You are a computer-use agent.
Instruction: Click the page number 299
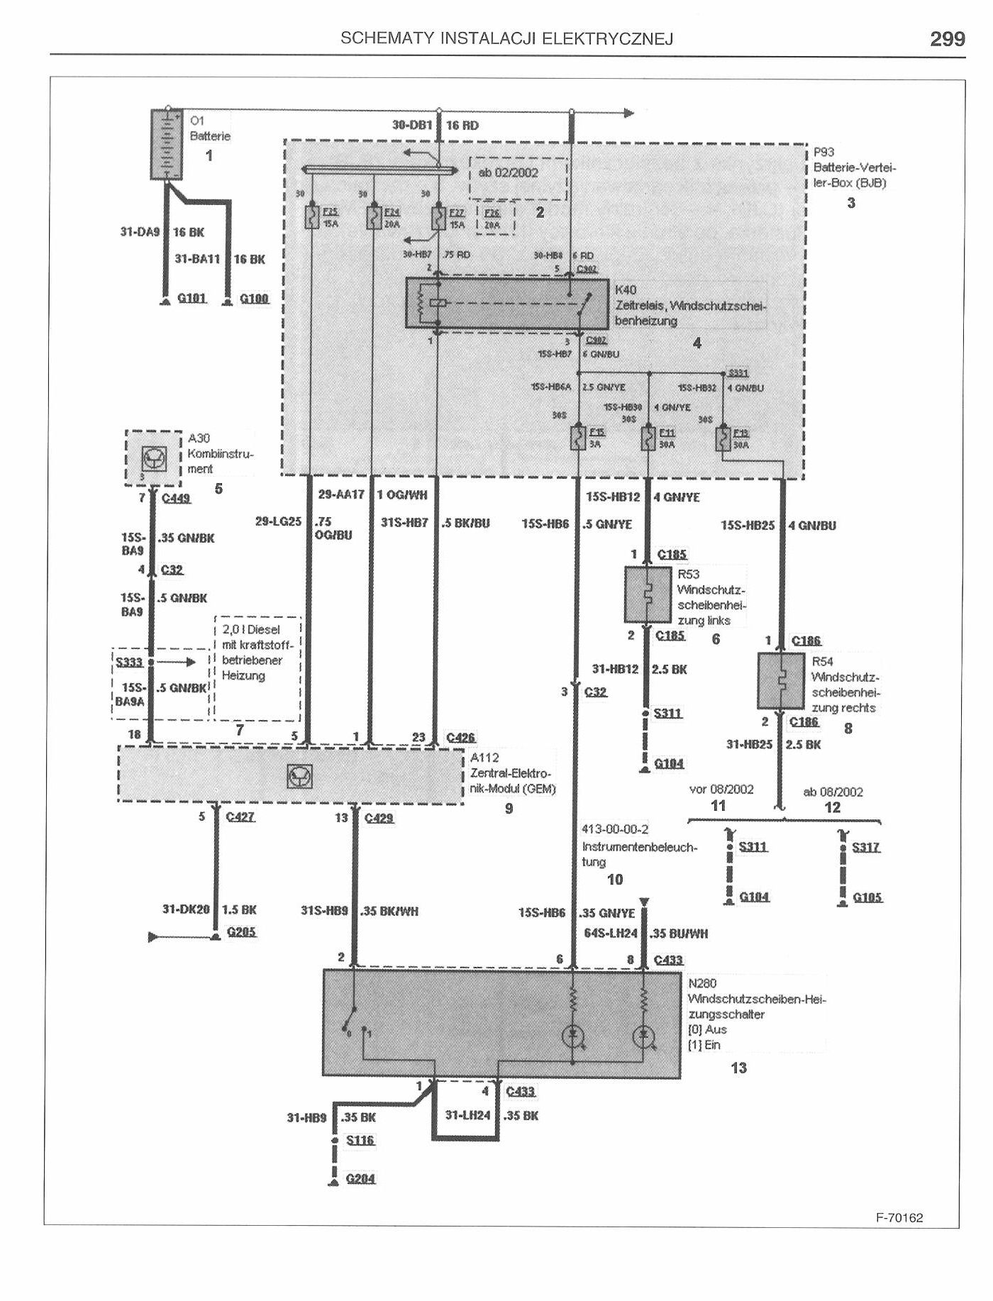click(x=947, y=39)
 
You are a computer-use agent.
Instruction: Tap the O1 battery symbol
click(x=167, y=145)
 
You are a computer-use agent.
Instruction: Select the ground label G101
click(x=192, y=299)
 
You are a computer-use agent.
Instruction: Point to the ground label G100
click(x=254, y=299)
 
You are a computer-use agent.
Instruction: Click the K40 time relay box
click(x=507, y=304)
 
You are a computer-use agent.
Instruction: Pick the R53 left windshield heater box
click(x=648, y=594)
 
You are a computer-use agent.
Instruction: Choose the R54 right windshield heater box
click(x=781, y=681)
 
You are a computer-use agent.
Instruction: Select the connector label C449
click(x=176, y=498)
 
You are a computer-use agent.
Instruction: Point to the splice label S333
click(x=129, y=663)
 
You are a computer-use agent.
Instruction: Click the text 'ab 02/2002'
click(x=509, y=172)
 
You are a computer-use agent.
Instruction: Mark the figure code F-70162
click(x=899, y=1218)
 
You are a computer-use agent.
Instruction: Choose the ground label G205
click(x=241, y=932)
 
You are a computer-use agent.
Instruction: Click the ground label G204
click(x=360, y=1178)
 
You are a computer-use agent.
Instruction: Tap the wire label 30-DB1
click(x=412, y=126)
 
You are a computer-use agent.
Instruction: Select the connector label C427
click(x=240, y=817)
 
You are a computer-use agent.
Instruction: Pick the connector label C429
click(x=379, y=818)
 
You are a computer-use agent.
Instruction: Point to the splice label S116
click(x=360, y=1140)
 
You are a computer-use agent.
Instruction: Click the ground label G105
click(x=867, y=897)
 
